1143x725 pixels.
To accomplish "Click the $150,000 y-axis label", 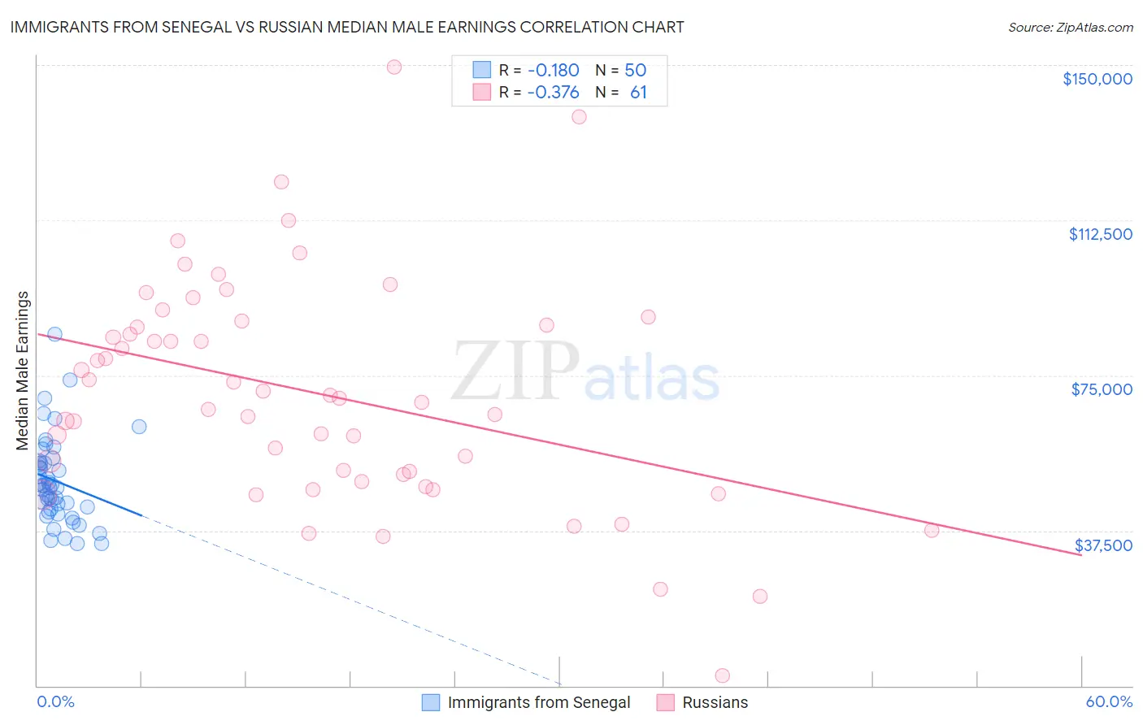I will tap(1097, 79).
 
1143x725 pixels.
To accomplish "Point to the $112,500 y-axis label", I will tap(1100, 234).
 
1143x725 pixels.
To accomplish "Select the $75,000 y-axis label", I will tap(1102, 389).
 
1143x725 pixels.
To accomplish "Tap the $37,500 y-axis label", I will tap(1103, 545).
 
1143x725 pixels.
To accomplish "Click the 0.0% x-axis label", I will tap(55, 701).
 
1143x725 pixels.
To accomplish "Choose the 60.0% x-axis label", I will tap(1109, 701).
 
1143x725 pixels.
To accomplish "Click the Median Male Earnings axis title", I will tap(23, 370).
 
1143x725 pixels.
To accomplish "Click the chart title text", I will tap(346, 27).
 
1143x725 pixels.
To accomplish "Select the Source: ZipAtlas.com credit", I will tap(1070, 27).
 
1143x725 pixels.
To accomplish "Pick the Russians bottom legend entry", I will tap(715, 702).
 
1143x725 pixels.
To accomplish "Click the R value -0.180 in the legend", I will tap(553, 70).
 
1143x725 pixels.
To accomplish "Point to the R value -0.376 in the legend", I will tap(553, 93).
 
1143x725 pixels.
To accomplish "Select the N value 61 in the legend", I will tap(638, 93).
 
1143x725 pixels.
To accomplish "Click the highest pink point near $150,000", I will tap(394, 67).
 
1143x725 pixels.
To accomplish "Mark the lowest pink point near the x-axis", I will tap(722, 675).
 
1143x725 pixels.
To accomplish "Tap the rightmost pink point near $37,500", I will tap(932, 530).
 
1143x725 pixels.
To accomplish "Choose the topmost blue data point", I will tap(54, 334).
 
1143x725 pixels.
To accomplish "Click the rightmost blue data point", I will tap(139, 427).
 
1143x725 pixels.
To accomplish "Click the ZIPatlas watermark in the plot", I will tap(585, 371).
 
